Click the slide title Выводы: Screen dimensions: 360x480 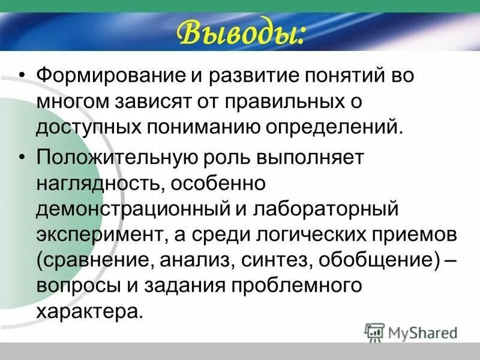(239, 33)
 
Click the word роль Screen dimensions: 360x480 (227, 158)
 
